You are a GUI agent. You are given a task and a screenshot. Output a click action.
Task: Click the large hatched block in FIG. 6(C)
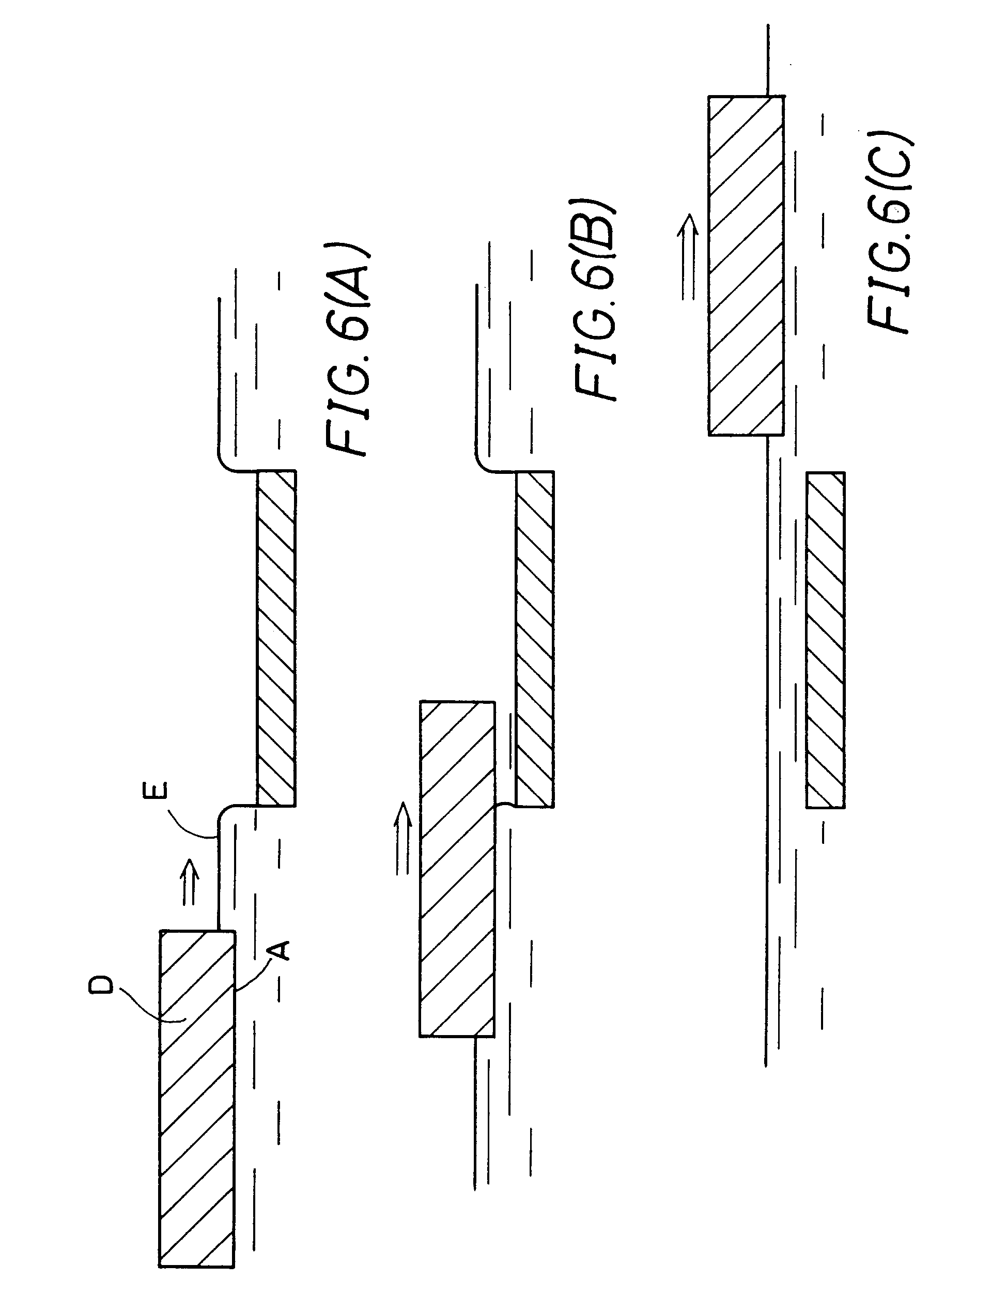point(746,265)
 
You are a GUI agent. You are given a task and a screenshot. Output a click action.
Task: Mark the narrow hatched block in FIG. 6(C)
point(825,640)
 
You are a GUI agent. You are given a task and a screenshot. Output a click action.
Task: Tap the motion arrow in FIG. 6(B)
point(403,838)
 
